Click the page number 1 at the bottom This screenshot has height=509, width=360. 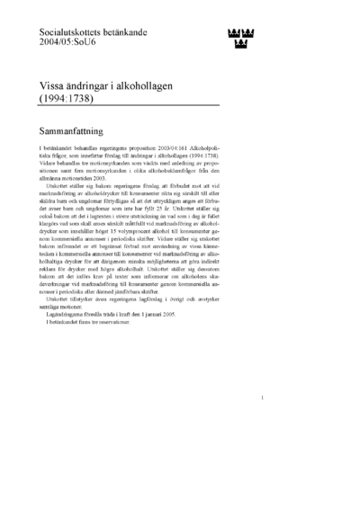pyautogui.click(x=261, y=422)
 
